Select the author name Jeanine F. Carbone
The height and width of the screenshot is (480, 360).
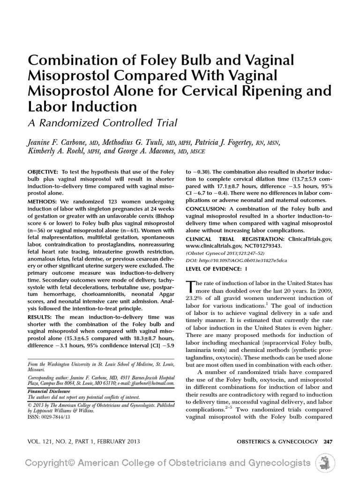point(60,142)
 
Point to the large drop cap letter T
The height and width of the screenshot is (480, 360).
point(190,287)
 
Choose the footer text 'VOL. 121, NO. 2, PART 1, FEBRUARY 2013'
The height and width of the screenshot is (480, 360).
point(85,441)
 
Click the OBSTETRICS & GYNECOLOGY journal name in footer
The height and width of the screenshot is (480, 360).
point(274,441)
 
